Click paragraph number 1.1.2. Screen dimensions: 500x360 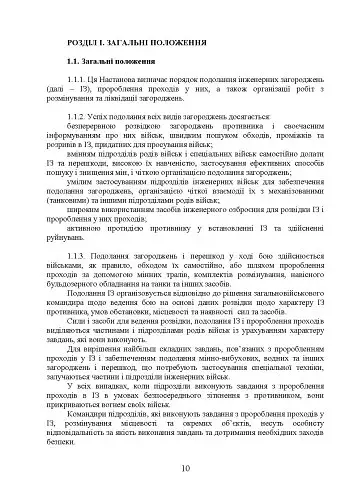[x=85, y=115]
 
